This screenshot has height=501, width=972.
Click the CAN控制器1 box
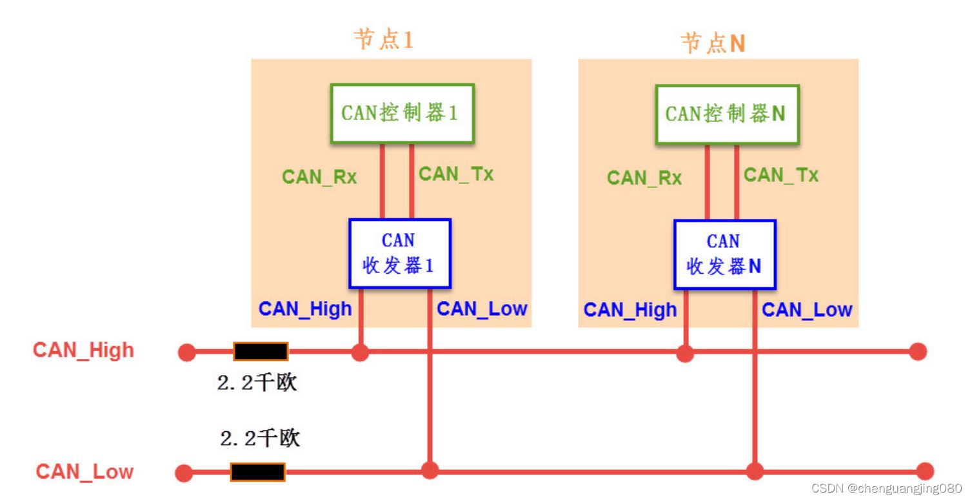[x=402, y=113]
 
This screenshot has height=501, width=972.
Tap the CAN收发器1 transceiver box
[x=399, y=253]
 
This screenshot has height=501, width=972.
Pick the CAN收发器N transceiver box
[x=724, y=254]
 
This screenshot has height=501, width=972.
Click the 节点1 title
[x=383, y=39]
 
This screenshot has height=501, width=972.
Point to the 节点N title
[x=713, y=43]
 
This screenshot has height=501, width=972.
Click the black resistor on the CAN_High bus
[x=261, y=352]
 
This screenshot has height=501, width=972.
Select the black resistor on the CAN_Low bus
[x=258, y=472]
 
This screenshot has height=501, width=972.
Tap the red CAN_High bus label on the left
[x=84, y=350]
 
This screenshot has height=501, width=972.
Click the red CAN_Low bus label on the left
[x=84, y=471]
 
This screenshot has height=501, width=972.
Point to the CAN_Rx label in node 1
[x=319, y=177]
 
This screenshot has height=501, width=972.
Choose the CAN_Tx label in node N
[x=780, y=175]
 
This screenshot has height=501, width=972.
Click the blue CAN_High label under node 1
[x=305, y=309]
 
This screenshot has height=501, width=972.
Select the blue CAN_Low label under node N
[x=807, y=310]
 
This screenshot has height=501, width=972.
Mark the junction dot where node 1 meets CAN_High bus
[x=360, y=352]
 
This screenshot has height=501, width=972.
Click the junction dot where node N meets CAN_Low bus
[x=754, y=471]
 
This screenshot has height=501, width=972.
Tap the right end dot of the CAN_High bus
[x=918, y=352]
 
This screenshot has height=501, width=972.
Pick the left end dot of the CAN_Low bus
[x=184, y=473]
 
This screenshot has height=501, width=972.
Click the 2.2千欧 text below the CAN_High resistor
[x=257, y=383]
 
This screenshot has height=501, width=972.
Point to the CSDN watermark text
[x=886, y=488]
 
